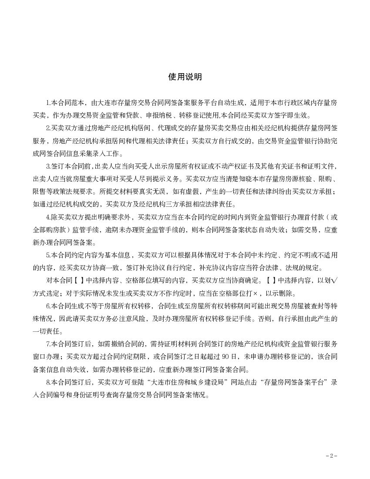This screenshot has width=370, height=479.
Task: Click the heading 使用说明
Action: click(x=185, y=77)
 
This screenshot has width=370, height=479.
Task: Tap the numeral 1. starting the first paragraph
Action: click(x=48, y=103)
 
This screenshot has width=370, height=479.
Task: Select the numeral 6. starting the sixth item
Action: click(x=48, y=306)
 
